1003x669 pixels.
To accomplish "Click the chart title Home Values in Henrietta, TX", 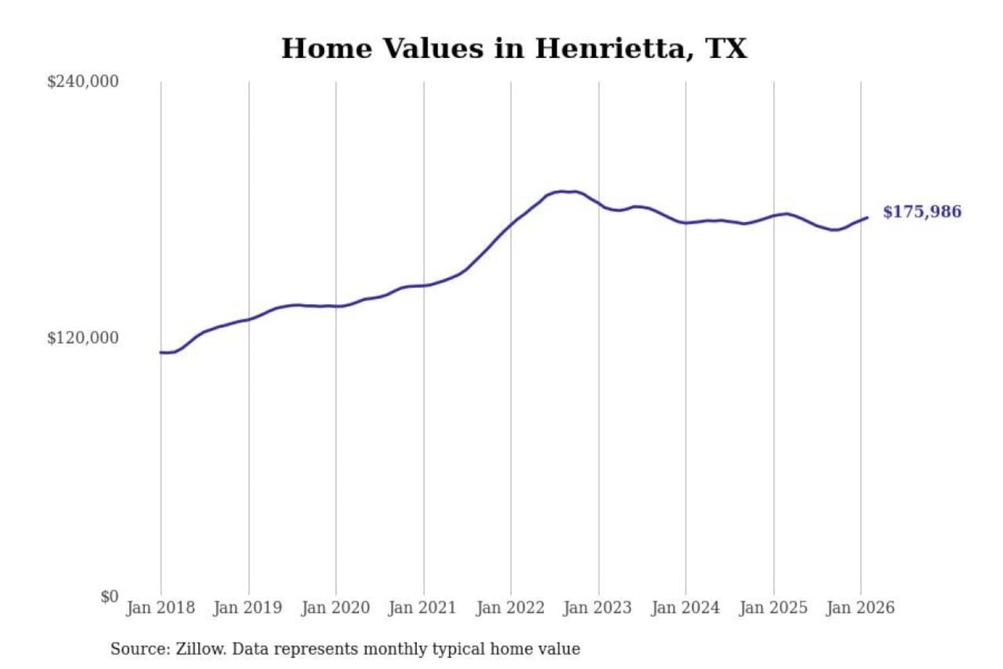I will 514,49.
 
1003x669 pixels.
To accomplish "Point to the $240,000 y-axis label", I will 83,82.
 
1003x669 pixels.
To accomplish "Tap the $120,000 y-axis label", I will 83,338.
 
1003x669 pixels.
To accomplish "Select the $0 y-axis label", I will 109,597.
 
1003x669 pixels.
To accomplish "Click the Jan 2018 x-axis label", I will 160,608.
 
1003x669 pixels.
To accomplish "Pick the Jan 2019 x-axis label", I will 247,608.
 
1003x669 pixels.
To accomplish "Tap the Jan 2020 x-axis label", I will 335,608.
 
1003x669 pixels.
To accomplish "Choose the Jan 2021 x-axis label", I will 422,608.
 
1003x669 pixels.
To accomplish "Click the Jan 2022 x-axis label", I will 510,608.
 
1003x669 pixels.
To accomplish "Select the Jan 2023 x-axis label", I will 597,608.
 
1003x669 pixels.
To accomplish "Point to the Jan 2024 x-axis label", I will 685,608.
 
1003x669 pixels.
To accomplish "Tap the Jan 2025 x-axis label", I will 772,608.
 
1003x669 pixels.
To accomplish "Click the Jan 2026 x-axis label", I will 860,608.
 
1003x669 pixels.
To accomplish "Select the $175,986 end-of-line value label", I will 922,212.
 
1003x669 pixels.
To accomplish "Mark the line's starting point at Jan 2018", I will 161,353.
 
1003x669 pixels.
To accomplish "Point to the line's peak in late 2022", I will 563,191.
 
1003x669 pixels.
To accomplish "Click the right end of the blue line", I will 867,218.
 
